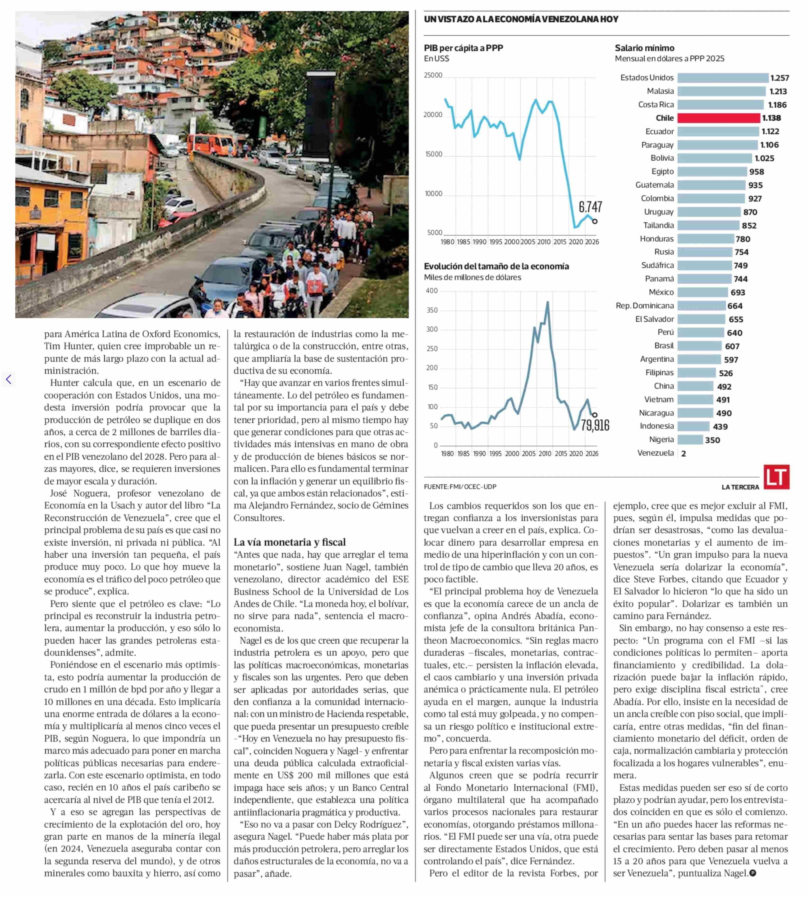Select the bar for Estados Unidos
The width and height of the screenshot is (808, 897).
point(722,78)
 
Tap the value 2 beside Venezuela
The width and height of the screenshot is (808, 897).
point(683,454)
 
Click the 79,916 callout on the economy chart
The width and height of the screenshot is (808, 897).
point(595,425)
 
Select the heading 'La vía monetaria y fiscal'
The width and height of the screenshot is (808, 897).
point(289,542)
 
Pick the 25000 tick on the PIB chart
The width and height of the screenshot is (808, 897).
point(433,75)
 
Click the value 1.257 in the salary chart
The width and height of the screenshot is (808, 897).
point(780,78)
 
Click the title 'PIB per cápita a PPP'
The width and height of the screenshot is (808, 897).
point(463,48)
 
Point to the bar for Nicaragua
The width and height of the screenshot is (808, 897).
point(695,413)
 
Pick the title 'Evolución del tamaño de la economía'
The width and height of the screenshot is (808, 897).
point(496,266)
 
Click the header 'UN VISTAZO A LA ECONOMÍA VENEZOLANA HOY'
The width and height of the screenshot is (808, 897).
point(521,19)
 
